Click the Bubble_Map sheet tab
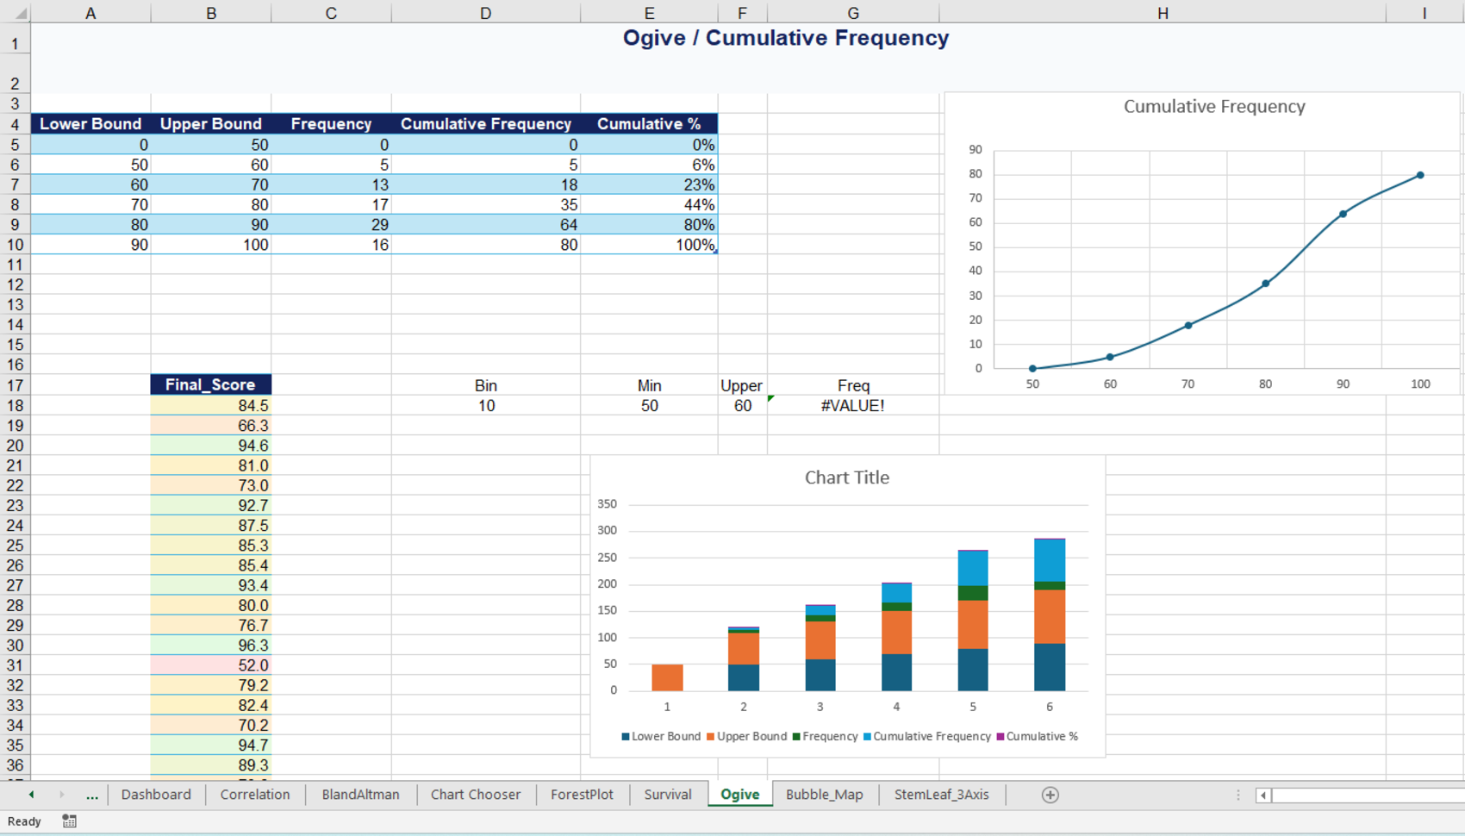824,794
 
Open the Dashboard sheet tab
156,794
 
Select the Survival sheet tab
667,794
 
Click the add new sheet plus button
1050,795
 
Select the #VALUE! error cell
853,406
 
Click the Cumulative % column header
649,123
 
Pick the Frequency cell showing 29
331,225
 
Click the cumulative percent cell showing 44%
649,205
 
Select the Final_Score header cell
210,384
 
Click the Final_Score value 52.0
210,665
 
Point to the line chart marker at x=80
1266,284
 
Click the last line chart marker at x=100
1420,175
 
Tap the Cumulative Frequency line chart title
1214,107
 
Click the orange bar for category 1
667,677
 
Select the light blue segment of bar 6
1049,560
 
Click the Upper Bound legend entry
747,736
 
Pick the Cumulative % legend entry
1037,736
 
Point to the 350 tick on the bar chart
607,503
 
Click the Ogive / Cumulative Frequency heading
785,38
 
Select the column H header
1163,12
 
